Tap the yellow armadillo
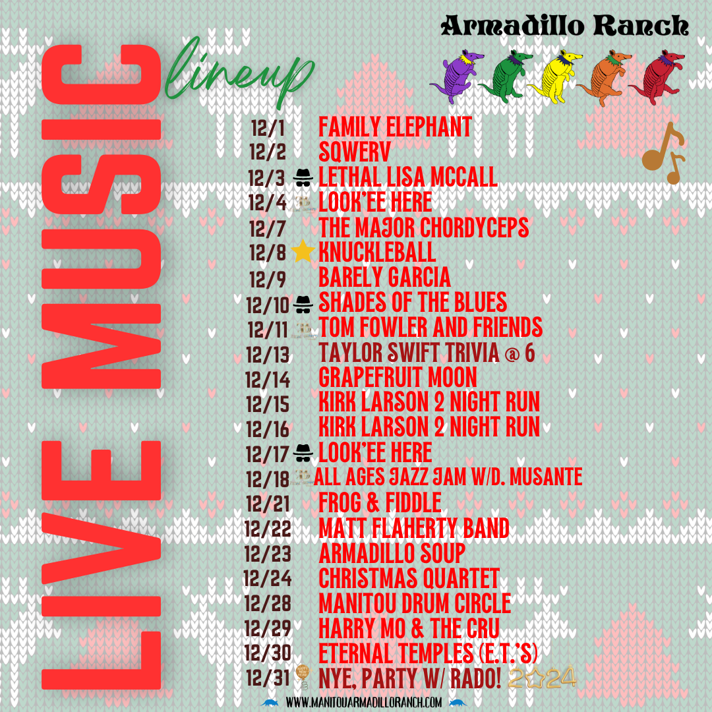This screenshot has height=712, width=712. coord(556,75)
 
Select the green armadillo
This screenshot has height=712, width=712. coord(506,76)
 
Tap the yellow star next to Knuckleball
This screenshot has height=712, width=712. coord(303,252)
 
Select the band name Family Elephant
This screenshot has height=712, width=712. coord(395,127)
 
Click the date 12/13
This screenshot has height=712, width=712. coord(268,354)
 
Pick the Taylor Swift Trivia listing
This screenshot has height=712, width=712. coord(427,353)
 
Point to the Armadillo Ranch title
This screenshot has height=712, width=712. coord(565,26)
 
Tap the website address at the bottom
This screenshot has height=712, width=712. coord(364,703)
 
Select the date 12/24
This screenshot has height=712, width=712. coord(268,579)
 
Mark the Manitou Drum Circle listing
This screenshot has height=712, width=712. coord(415,603)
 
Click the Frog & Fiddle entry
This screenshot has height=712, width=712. coord(380,503)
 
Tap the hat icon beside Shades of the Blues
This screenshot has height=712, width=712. coord(303,303)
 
